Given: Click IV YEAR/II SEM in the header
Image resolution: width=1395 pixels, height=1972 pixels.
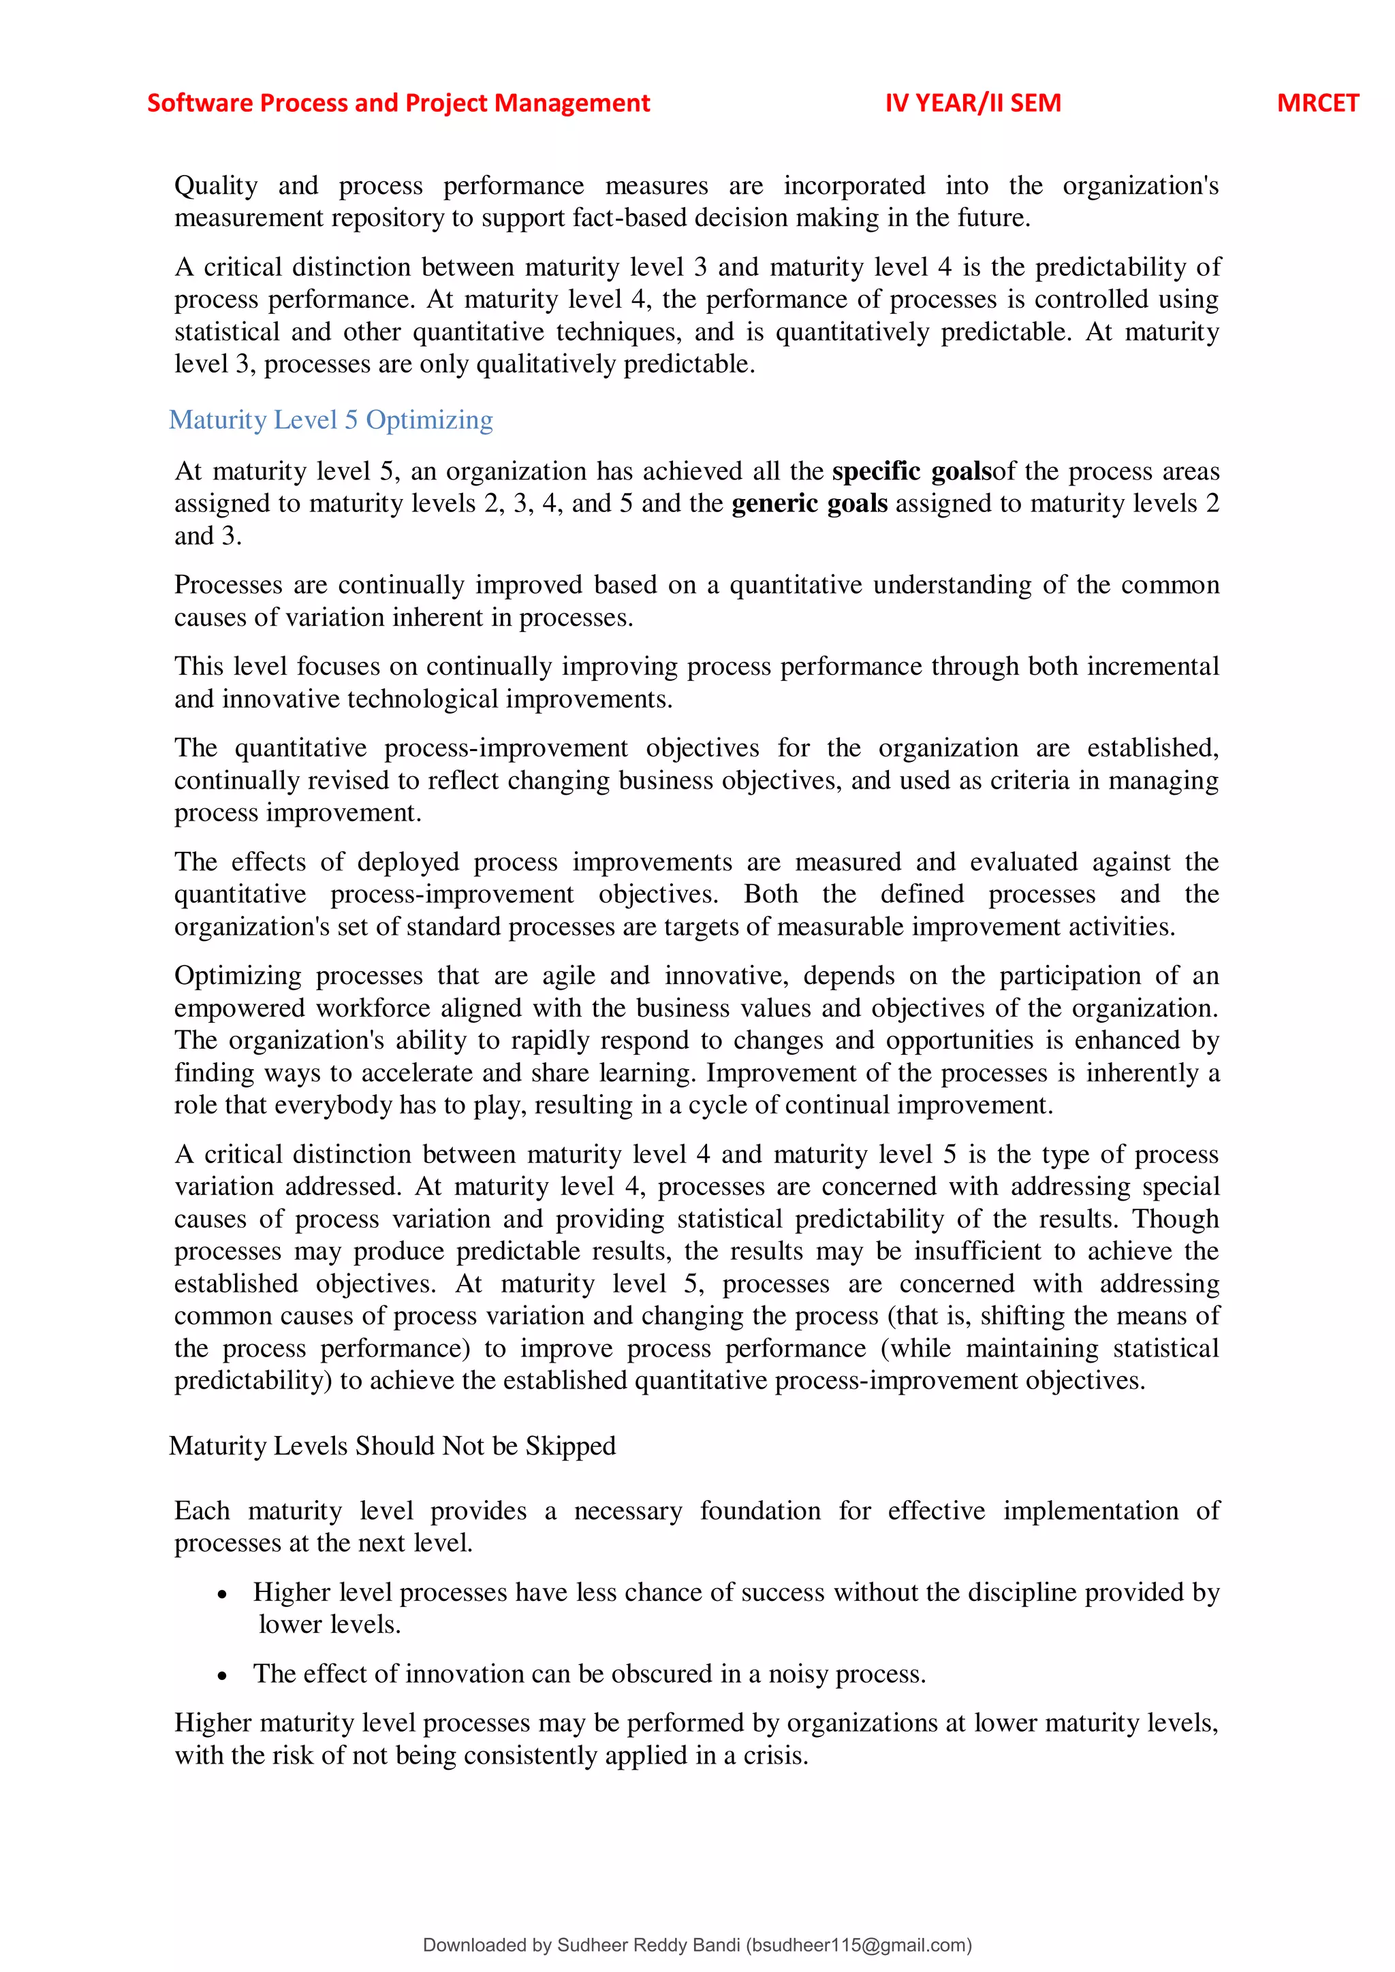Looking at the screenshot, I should click(973, 103).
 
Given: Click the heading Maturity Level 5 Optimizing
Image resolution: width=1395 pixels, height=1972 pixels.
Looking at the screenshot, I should click(331, 420).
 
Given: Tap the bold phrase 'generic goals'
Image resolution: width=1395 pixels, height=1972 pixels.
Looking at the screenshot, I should click(809, 503).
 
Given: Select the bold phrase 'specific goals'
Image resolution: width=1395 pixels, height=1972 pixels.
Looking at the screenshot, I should click(911, 471).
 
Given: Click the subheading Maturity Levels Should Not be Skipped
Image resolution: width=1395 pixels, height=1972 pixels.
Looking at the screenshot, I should click(392, 1446).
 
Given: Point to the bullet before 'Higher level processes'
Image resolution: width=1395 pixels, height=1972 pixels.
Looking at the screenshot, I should click(223, 1594).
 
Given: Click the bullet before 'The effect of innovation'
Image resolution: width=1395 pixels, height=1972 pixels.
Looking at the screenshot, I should click(223, 1676).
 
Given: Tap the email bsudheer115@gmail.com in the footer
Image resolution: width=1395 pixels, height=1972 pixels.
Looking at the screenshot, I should click(858, 1945).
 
